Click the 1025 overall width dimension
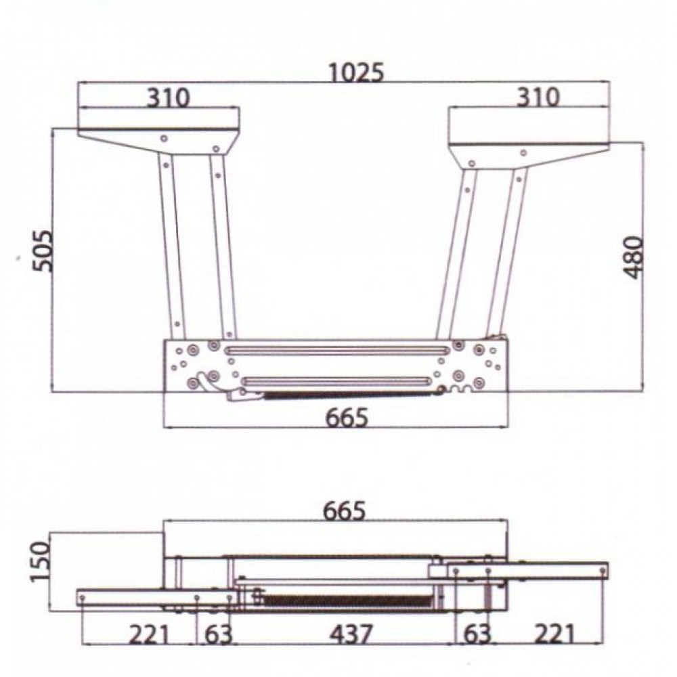click(356, 72)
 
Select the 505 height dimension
click(43, 251)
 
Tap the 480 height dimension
click(634, 257)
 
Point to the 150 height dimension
click(41, 562)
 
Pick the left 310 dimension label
click(169, 98)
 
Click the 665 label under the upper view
click(347, 418)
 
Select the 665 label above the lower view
click(345, 510)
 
